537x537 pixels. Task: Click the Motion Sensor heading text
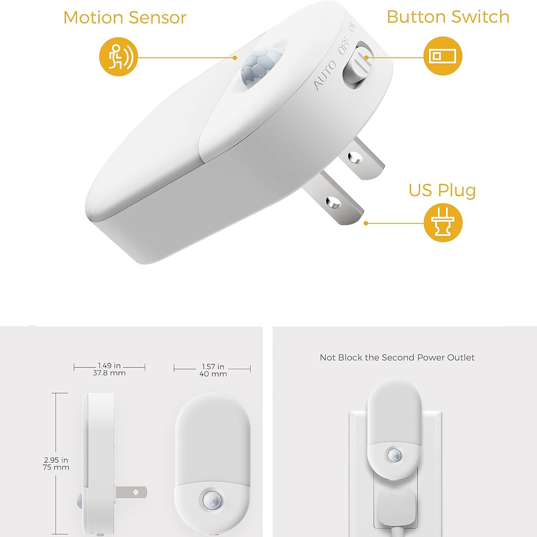point(125,18)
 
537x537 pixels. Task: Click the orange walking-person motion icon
point(119,57)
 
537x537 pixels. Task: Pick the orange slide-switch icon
point(443,56)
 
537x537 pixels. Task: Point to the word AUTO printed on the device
point(324,75)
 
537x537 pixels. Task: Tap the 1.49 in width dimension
point(109,366)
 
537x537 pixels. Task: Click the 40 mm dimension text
point(213,374)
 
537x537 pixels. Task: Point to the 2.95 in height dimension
point(56,460)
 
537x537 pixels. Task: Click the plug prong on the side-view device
point(131,492)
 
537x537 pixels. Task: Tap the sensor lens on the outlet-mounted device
point(394,455)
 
